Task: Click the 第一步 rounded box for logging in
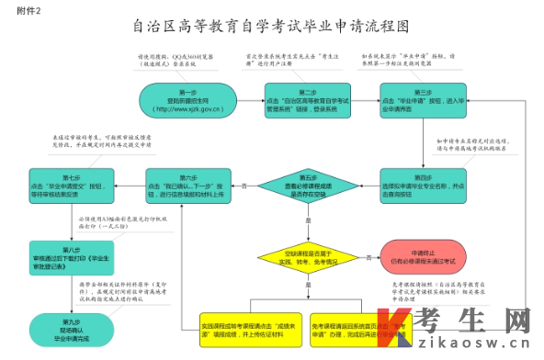188,100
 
